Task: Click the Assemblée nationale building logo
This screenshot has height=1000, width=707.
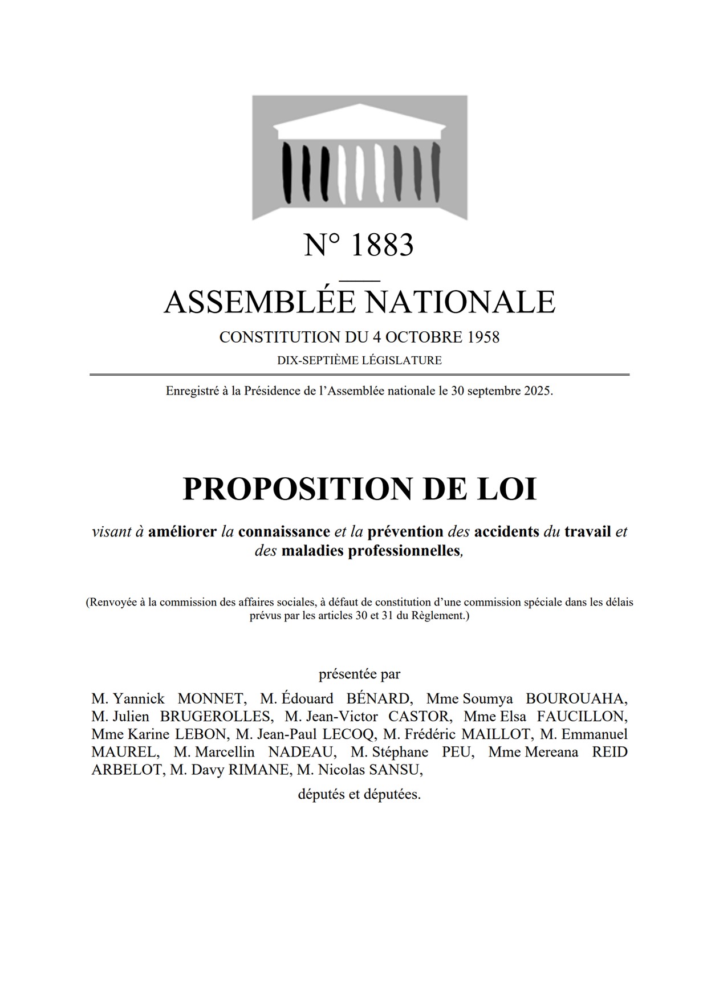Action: (359, 157)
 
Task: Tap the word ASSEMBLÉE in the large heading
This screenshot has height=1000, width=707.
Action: (259, 302)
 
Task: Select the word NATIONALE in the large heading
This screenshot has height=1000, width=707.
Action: (460, 302)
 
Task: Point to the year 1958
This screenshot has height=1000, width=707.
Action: (483, 337)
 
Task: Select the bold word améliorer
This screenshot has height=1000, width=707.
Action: (182, 532)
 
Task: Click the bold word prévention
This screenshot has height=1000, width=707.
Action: (405, 532)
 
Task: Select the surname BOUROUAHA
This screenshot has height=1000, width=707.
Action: (576, 698)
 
